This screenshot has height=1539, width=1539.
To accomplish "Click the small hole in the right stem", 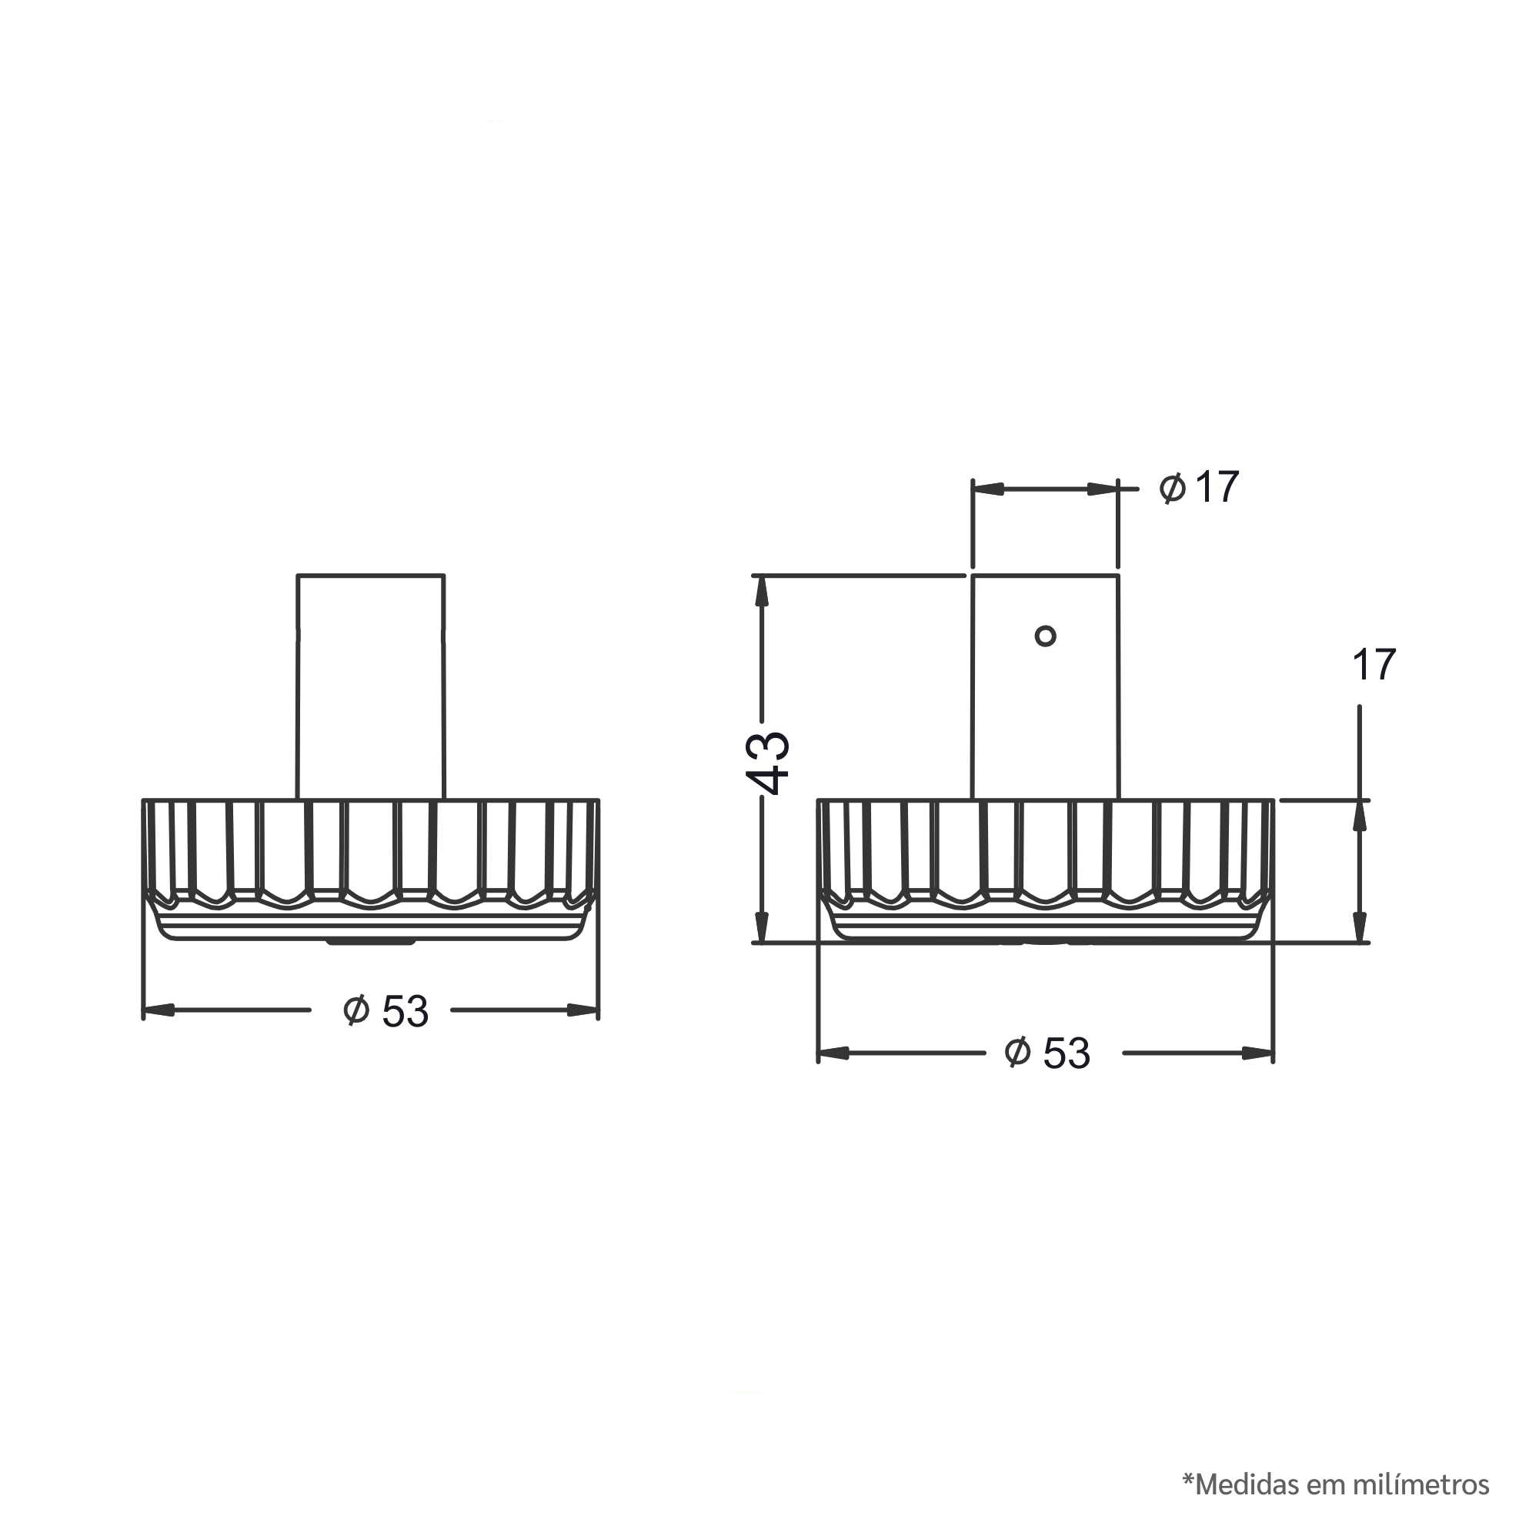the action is pos(1045,636).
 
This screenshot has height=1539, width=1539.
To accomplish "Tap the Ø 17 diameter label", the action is pos(1199,487).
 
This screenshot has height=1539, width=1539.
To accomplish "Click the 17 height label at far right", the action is pos(1374,664).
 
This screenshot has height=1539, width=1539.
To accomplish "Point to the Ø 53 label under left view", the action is pos(386,1011).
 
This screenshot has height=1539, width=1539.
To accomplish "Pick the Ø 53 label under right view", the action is pos(1047,1053).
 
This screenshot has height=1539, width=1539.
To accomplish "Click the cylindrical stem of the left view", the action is pos(370,686).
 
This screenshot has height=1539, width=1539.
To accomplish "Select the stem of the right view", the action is pos(1045,686).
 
